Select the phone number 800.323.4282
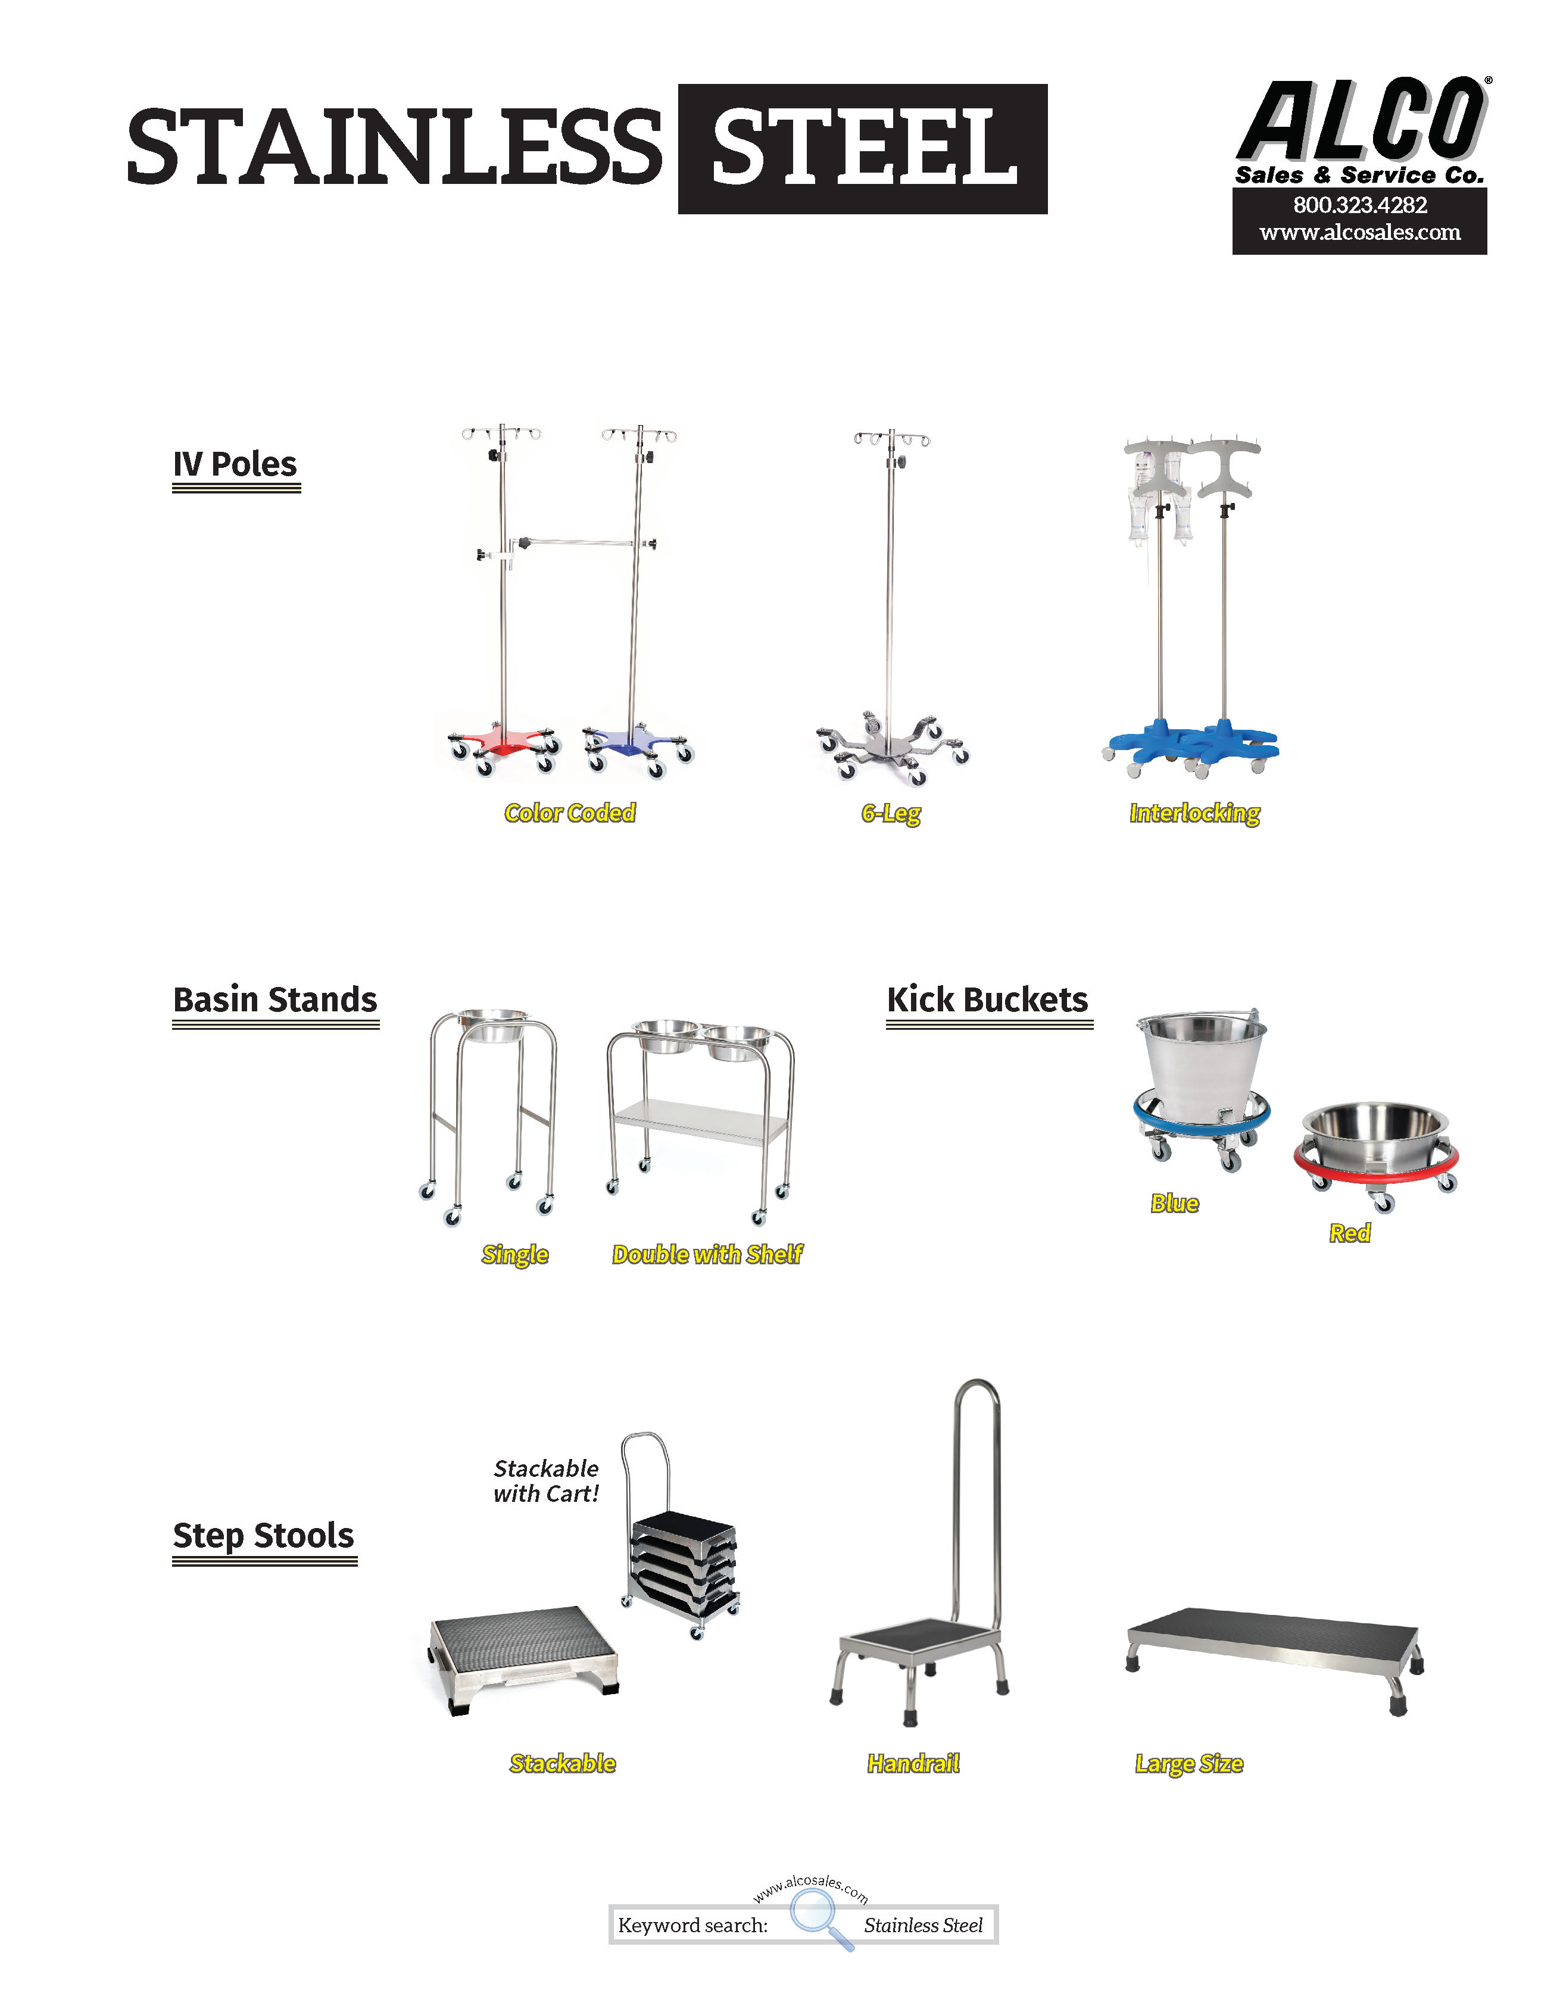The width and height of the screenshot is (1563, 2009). (x=1360, y=205)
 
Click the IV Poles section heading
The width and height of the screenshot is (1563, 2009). (x=236, y=464)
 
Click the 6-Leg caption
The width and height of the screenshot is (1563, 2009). (x=891, y=813)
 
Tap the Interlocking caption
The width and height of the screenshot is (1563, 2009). (x=1194, y=813)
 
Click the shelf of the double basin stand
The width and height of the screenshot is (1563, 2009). (x=701, y=1121)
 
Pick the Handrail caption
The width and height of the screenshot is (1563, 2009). (x=913, y=1763)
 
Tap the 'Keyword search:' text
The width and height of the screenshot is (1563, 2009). (x=692, y=1925)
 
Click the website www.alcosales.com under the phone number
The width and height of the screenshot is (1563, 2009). (x=1360, y=233)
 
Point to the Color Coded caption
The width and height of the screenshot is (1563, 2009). (x=569, y=813)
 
